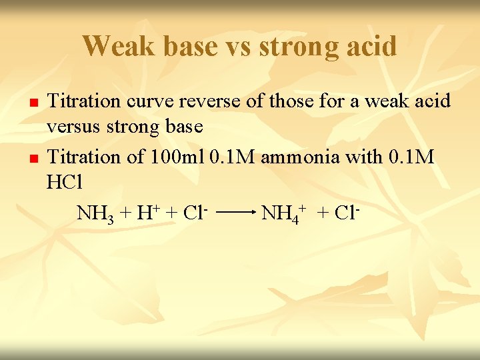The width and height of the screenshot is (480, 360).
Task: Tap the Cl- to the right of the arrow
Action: coord(347,213)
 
